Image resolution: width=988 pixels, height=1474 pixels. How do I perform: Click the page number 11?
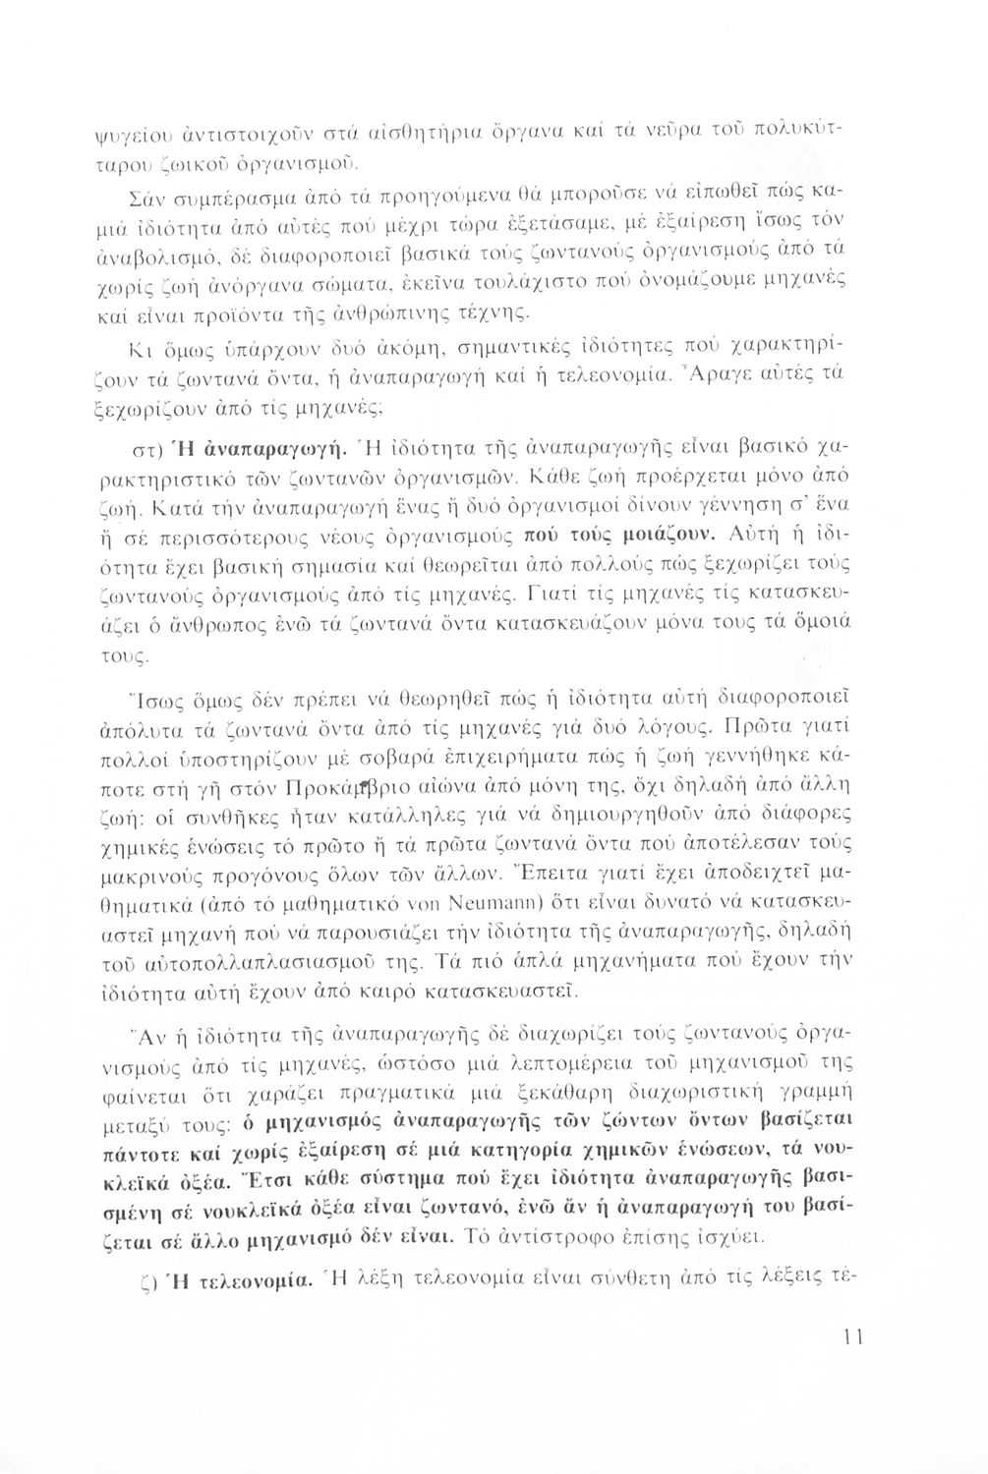pyautogui.click(x=852, y=1337)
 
